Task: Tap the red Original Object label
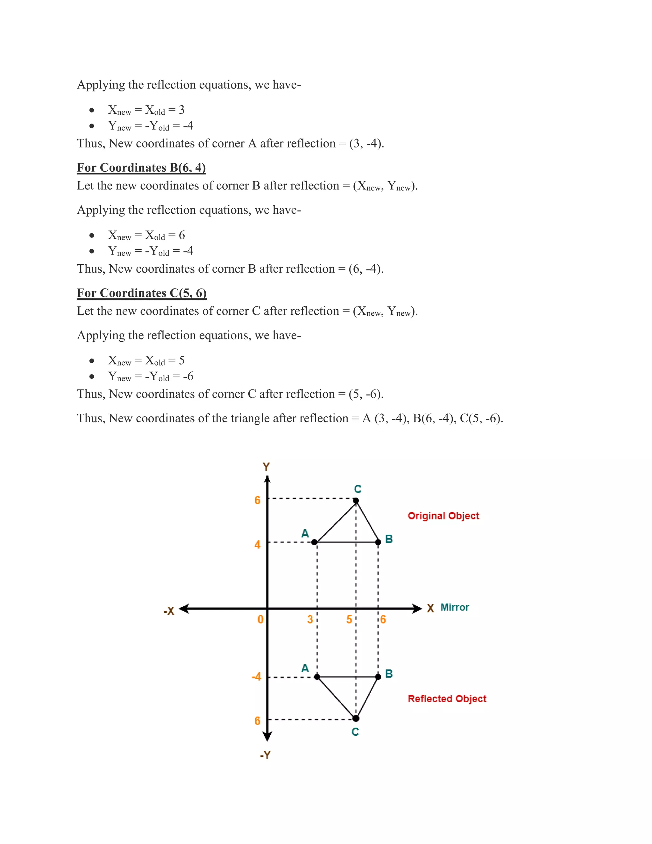(443, 516)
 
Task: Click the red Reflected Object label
(447, 699)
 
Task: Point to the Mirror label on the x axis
(455, 607)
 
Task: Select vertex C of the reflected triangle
(356, 719)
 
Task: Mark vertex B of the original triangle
(378, 542)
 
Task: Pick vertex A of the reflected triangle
(317, 677)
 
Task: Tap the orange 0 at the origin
(260, 619)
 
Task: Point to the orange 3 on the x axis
(310, 619)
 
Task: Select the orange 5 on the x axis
(349, 619)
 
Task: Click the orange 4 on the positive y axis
(257, 545)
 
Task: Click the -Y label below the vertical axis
(266, 755)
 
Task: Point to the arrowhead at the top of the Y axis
(267, 479)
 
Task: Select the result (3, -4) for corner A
(366, 144)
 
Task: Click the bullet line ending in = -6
(151, 376)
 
